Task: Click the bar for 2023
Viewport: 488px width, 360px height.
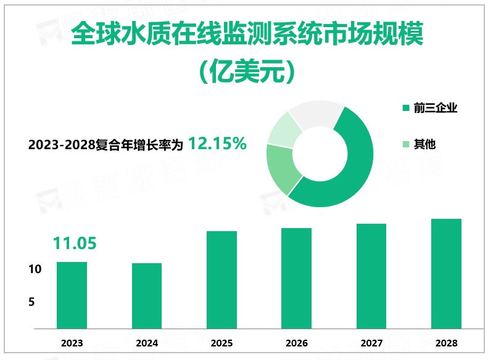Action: coord(72,295)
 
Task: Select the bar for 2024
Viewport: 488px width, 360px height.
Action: coord(147,295)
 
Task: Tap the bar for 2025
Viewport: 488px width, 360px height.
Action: coord(221,279)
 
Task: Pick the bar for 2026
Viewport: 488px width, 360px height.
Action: coord(296,278)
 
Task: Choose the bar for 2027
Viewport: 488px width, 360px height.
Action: coord(371,276)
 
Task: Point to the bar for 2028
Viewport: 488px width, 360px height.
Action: coord(446,273)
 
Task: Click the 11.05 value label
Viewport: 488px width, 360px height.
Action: coord(75,243)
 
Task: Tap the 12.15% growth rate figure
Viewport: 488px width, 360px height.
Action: coord(217,144)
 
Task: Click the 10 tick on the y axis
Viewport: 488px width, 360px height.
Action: coord(35,269)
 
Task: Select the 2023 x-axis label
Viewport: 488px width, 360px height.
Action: coord(72,343)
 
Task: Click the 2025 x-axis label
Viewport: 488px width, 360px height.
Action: coord(221,343)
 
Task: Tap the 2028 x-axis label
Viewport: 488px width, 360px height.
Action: coord(446,343)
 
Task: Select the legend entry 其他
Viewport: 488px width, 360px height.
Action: coord(424,144)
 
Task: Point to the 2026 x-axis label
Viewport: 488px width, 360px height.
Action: coord(296,343)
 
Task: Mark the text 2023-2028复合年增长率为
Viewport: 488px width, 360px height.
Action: coord(106,145)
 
